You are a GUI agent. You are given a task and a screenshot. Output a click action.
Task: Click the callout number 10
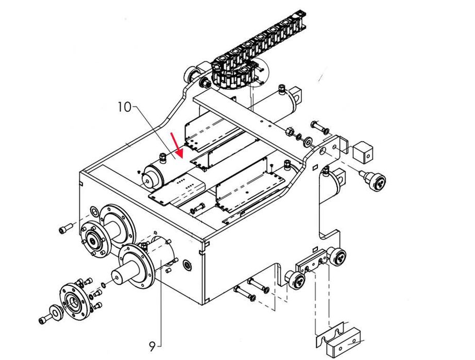tap(124, 107)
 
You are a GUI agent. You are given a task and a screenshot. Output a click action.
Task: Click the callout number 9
tap(152, 346)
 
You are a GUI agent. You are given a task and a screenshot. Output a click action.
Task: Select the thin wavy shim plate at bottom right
tap(330, 334)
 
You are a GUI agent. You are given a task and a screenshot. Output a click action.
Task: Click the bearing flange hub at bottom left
tap(74, 300)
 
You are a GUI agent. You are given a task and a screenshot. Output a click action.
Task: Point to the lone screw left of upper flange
tap(65, 228)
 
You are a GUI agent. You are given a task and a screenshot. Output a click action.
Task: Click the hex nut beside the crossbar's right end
tap(290, 131)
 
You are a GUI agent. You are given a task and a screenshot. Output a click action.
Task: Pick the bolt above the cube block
tap(319, 128)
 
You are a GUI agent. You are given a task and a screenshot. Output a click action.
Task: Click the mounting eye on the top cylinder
tap(297, 94)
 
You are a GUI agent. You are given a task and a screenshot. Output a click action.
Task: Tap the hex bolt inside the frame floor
tap(198, 209)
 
